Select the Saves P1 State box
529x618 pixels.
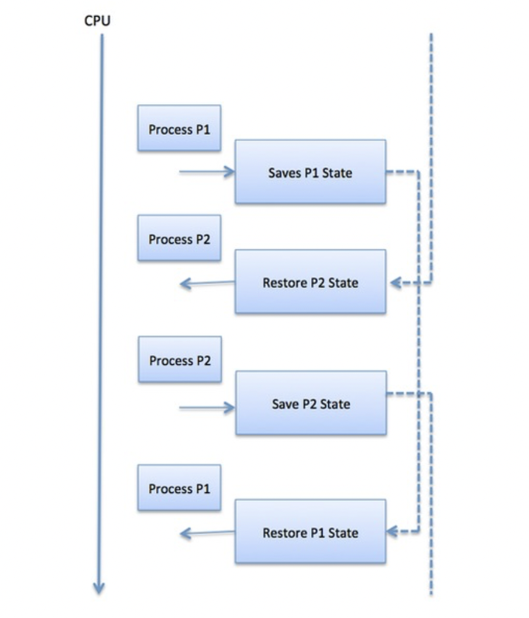(310, 172)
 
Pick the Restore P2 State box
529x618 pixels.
(310, 282)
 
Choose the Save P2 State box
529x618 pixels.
(310, 403)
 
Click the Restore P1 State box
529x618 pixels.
(310, 532)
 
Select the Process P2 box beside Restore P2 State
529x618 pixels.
(179, 238)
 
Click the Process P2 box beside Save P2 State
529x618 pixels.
(179, 360)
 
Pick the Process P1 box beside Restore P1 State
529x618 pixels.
(179, 488)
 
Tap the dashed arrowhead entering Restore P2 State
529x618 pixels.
(395, 283)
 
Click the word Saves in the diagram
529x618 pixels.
(283, 173)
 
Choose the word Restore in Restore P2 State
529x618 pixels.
(283, 283)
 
